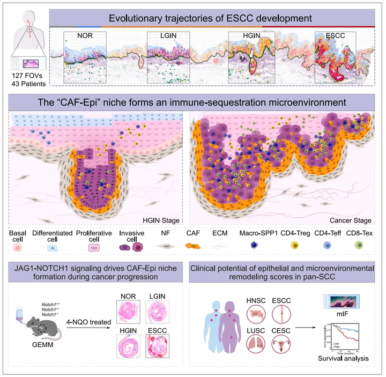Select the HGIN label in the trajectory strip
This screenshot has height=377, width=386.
(246, 36)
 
